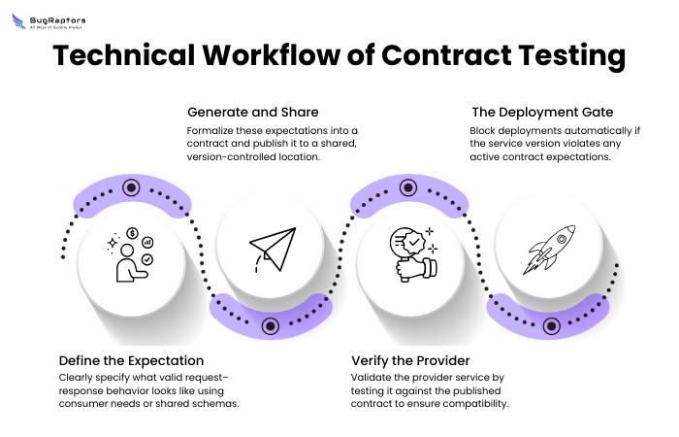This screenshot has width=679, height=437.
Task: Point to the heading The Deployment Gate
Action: coord(542,112)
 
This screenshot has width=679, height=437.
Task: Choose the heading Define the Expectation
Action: coord(131,360)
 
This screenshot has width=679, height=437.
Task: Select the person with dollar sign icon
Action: coord(132,255)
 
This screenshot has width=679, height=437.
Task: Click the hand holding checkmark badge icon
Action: coord(410,254)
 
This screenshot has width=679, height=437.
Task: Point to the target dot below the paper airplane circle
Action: coord(271,325)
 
